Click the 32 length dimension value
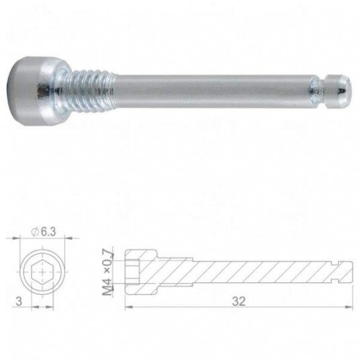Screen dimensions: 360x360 tap(239, 302)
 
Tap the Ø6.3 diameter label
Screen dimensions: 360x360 tap(44, 232)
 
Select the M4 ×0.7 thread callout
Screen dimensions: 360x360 tap(107, 272)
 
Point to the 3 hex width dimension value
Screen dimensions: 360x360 tap(19, 301)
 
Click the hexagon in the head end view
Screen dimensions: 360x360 tap(42, 272)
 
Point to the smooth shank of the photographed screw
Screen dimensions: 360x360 tap(212, 91)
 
